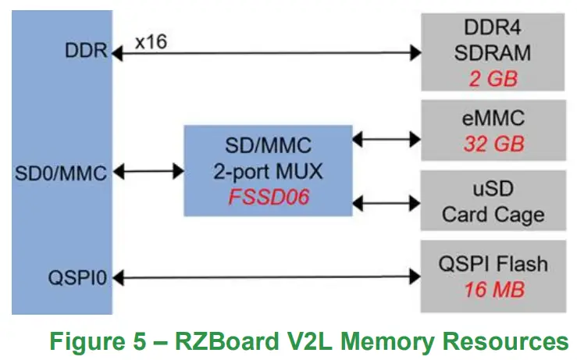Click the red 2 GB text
point(493,78)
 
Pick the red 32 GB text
point(493,144)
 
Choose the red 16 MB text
point(493,290)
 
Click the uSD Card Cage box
point(493,201)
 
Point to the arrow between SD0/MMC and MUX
point(148,171)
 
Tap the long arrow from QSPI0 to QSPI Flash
point(265,276)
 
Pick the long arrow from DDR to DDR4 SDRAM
point(265,53)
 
